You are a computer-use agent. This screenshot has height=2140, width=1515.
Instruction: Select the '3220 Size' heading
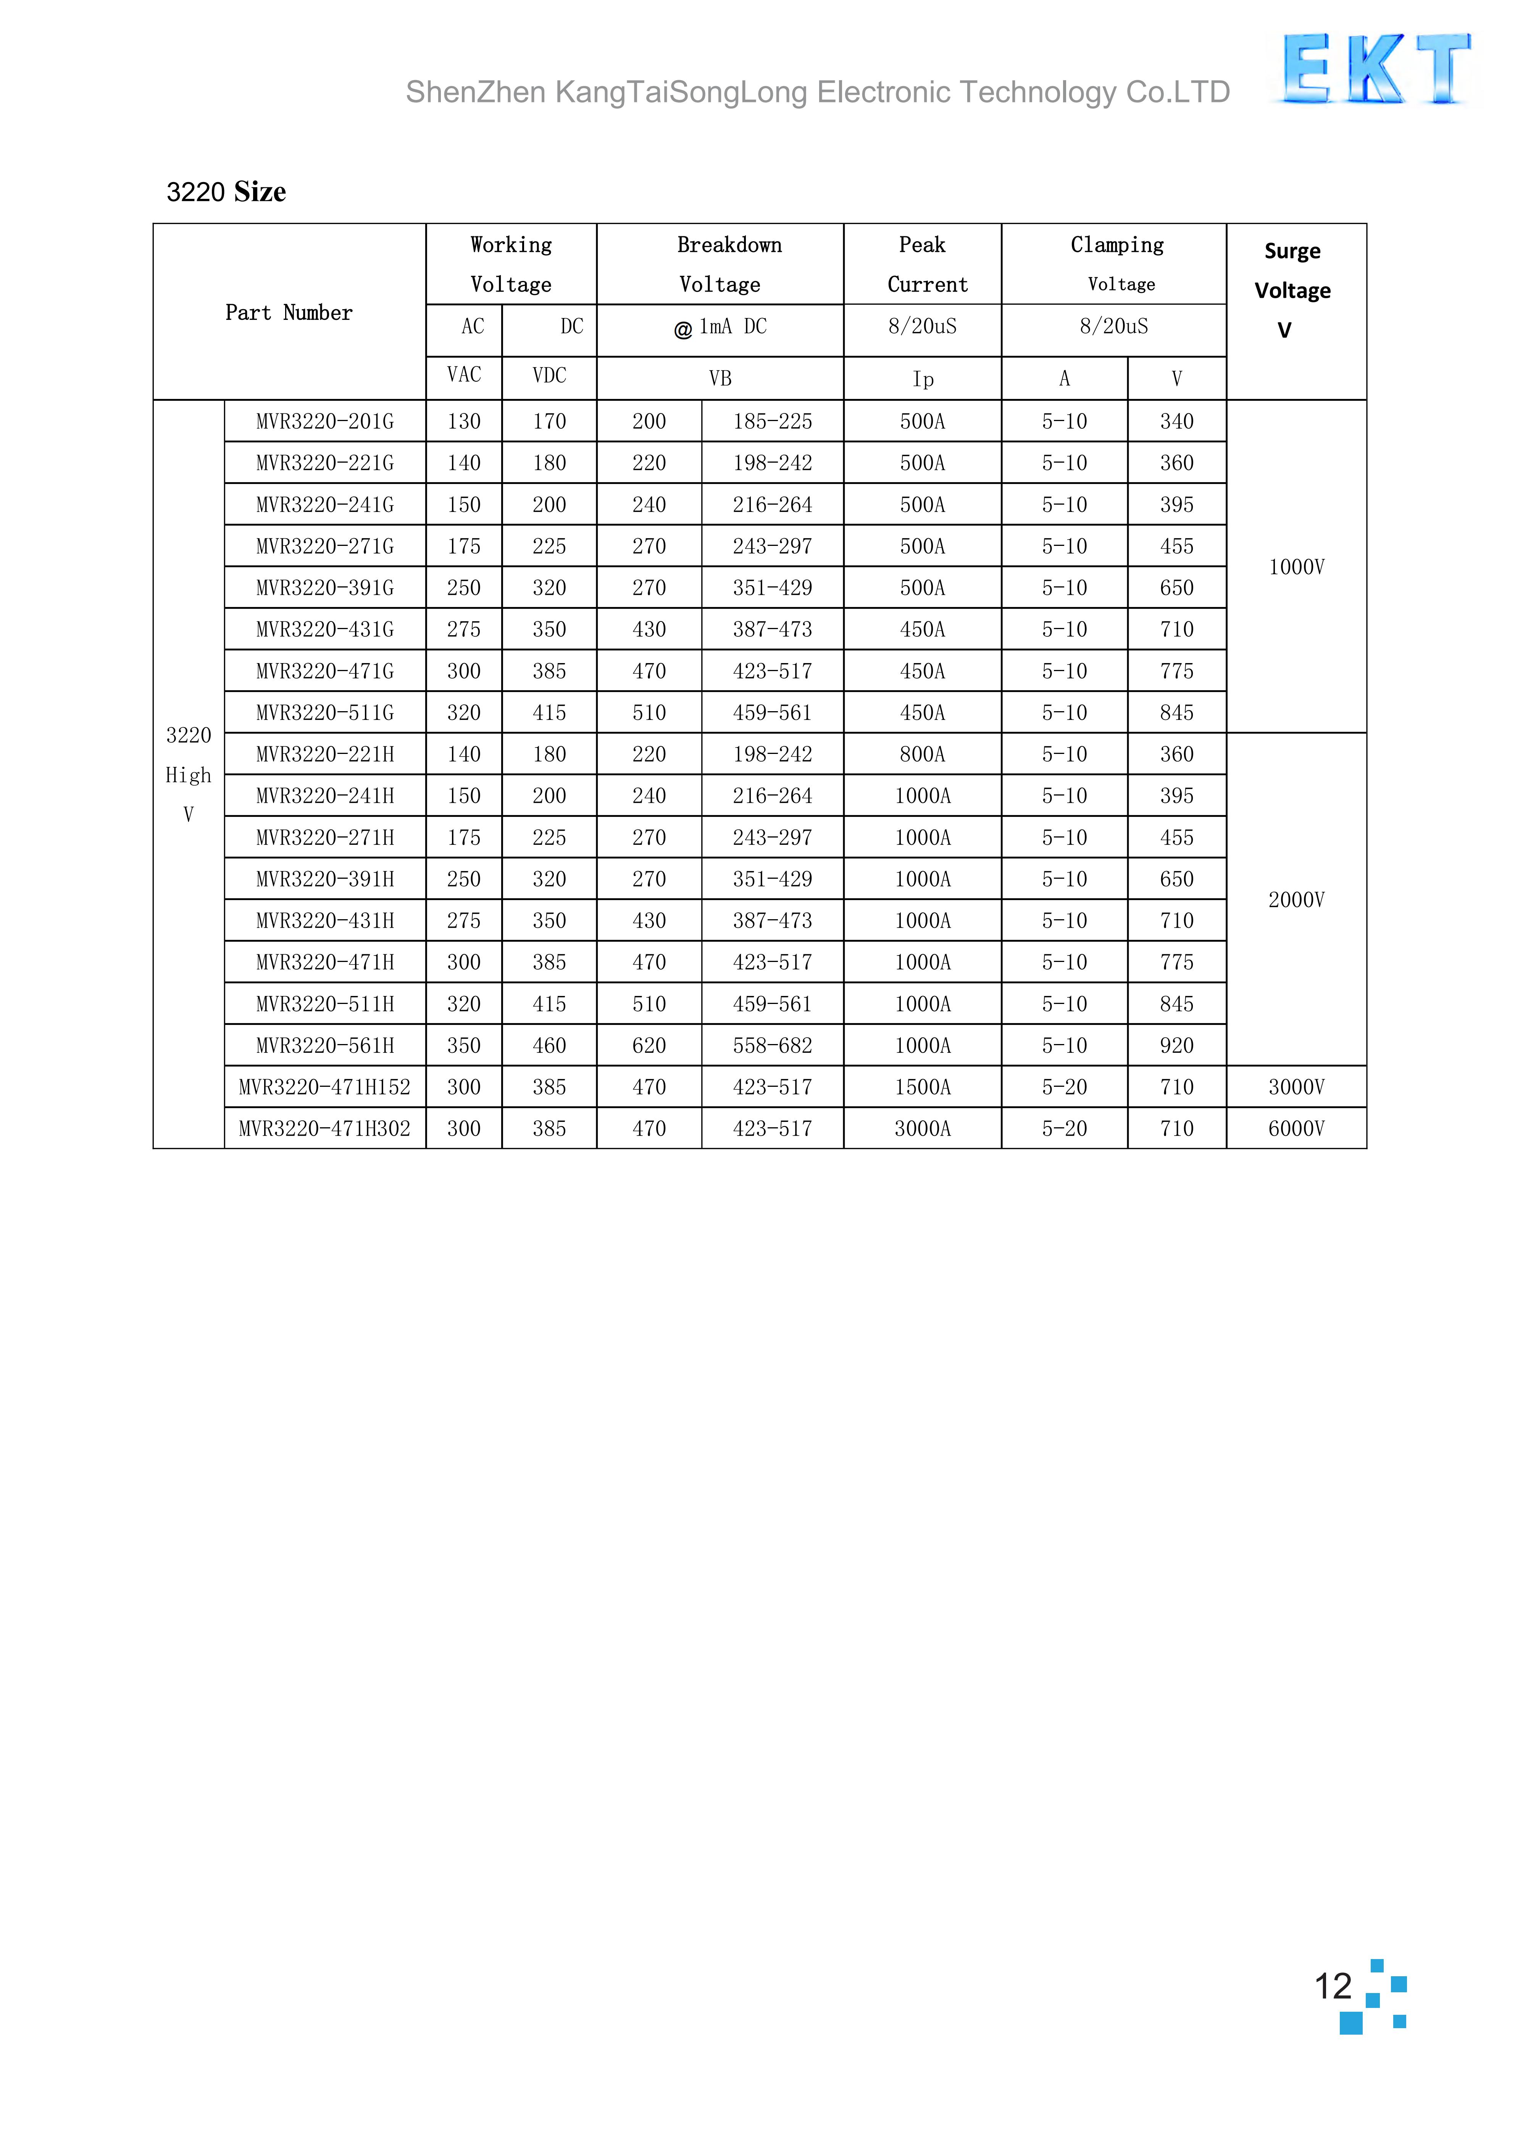click(x=226, y=192)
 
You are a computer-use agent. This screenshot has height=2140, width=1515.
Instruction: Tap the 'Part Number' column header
click(x=289, y=313)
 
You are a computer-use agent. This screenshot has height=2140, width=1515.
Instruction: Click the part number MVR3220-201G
click(x=324, y=422)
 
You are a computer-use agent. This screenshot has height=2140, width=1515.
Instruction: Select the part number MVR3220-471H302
click(x=324, y=1129)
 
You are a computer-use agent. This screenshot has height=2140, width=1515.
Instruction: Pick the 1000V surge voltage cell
click(x=1296, y=567)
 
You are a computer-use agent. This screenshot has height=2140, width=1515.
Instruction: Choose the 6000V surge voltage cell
click(x=1296, y=1129)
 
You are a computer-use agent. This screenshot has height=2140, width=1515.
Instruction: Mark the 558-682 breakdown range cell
click(x=773, y=1046)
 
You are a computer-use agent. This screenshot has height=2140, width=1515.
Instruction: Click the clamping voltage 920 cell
click(x=1176, y=1046)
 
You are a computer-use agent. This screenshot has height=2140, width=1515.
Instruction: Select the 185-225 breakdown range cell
click(x=773, y=422)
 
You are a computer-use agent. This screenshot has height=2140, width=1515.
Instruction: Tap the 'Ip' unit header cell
click(x=923, y=379)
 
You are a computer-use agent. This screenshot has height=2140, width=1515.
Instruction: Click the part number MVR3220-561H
click(x=324, y=1046)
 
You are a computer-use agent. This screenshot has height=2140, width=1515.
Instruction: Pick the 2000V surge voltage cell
click(x=1296, y=900)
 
